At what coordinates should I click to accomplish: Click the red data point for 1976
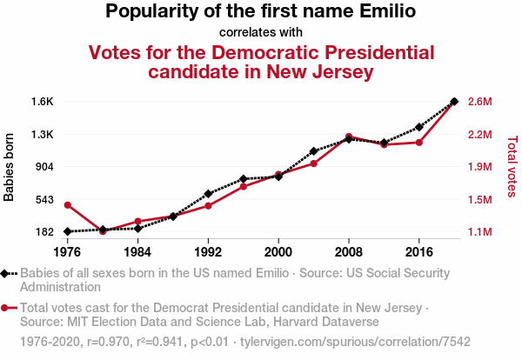(x=68, y=204)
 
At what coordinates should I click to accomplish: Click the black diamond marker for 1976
(x=68, y=231)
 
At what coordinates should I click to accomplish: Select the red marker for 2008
(x=349, y=137)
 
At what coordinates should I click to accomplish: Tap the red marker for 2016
(x=419, y=142)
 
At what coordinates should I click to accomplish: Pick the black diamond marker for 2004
(x=313, y=151)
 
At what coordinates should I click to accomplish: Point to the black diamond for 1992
(x=208, y=193)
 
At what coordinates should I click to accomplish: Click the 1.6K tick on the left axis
(x=42, y=102)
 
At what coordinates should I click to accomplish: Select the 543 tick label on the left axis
(x=44, y=199)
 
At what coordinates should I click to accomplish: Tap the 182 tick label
(x=44, y=232)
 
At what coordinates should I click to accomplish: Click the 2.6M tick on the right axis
(x=480, y=102)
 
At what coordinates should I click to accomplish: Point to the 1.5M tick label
(x=480, y=200)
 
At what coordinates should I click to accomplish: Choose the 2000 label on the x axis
(x=278, y=252)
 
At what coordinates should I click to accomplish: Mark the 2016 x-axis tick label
(x=419, y=252)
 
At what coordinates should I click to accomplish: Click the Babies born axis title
(x=10, y=167)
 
